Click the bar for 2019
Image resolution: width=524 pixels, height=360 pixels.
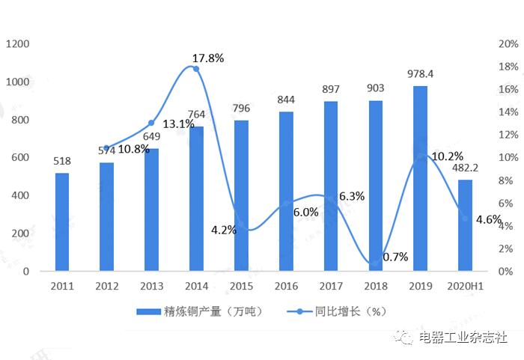click(420, 179)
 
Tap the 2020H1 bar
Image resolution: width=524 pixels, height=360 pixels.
click(465, 225)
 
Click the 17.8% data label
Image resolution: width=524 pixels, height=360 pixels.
click(208, 57)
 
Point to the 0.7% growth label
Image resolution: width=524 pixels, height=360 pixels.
click(394, 257)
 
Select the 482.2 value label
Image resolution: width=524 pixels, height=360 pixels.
click(465, 168)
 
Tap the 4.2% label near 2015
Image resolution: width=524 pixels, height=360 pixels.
click(224, 230)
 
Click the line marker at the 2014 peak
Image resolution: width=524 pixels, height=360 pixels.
click(196, 69)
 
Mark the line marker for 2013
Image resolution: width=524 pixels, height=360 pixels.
click(151, 123)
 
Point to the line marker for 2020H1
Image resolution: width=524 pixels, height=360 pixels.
click(465, 219)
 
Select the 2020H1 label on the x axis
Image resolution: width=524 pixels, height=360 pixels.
click(465, 287)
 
